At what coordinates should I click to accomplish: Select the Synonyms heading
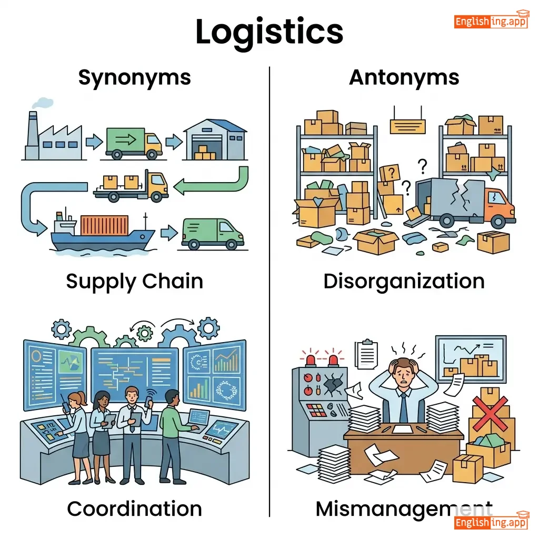pyautogui.click(x=134, y=78)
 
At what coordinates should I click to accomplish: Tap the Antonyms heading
pyautogui.click(x=404, y=78)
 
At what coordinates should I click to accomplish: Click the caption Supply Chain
pyautogui.click(x=134, y=281)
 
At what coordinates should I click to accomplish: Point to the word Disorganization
pyautogui.click(x=404, y=281)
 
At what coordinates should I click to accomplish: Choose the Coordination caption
pyautogui.click(x=134, y=508)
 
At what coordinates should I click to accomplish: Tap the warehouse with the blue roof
pyautogui.click(x=215, y=139)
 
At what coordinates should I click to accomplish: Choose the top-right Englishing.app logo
pyautogui.click(x=491, y=21)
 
